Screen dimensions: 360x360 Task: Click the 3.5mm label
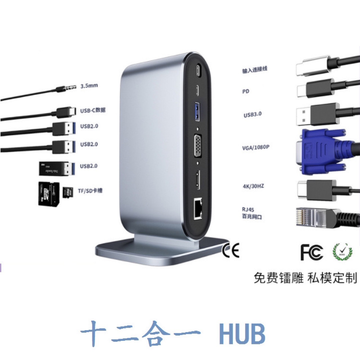pos(89,85)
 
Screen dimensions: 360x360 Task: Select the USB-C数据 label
pos(93,110)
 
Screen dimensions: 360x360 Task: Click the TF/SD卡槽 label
pos(90,191)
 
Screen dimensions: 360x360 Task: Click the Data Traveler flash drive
pos(56,168)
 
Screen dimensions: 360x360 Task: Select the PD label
pos(246,91)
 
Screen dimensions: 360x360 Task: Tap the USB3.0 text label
pos(252,114)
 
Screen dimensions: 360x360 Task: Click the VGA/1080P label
pos(255,147)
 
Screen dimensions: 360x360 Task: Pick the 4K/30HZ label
pos(253,186)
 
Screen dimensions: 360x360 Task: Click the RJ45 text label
pos(248,209)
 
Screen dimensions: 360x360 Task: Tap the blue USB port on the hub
pos(197,112)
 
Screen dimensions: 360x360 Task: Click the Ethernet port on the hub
pos(198,209)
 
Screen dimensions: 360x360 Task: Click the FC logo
pos(311,252)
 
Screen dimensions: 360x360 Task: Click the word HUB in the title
pos(242,334)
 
